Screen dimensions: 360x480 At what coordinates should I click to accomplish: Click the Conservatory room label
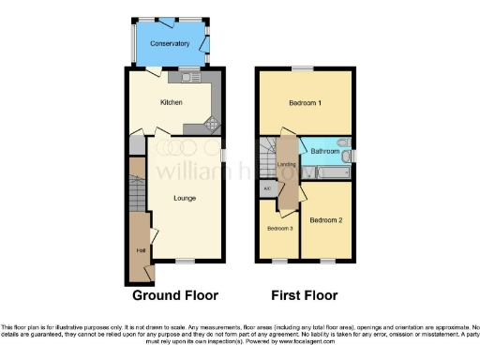171,44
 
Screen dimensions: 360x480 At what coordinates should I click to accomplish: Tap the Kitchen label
171,103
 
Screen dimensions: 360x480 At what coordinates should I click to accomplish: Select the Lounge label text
184,198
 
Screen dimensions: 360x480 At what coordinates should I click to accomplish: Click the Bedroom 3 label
279,229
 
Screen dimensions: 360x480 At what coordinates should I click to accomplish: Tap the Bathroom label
324,151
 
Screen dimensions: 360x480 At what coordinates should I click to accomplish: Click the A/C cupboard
267,188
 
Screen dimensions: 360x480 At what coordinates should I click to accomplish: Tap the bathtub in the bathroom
323,173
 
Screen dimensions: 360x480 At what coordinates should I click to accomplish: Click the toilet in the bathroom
343,156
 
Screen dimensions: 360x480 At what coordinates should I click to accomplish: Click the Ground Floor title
175,295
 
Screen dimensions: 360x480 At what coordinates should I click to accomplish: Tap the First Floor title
304,295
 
